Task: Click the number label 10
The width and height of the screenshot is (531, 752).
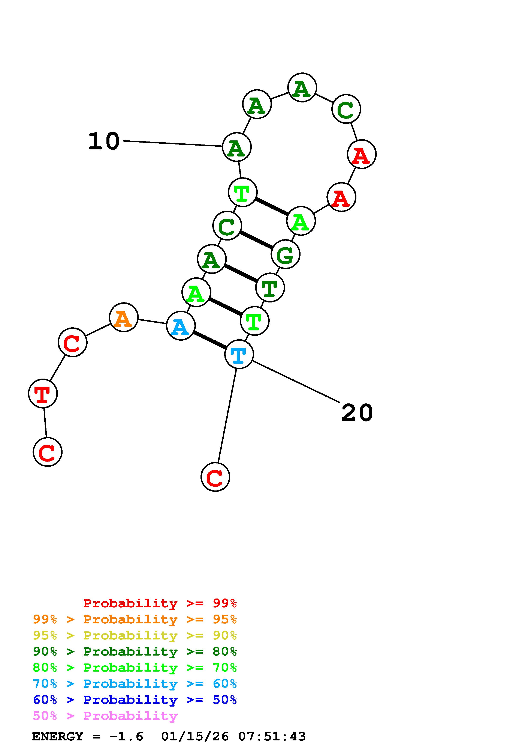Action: tap(104, 141)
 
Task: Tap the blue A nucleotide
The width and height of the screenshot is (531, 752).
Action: tap(181, 326)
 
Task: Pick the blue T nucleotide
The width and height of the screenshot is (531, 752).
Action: tap(239, 354)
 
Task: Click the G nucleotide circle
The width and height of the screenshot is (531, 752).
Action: tap(286, 254)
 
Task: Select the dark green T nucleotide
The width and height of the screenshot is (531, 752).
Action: tap(270, 287)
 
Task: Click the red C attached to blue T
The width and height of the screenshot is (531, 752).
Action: tap(215, 477)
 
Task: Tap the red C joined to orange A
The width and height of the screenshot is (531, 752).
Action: tap(72, 342)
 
